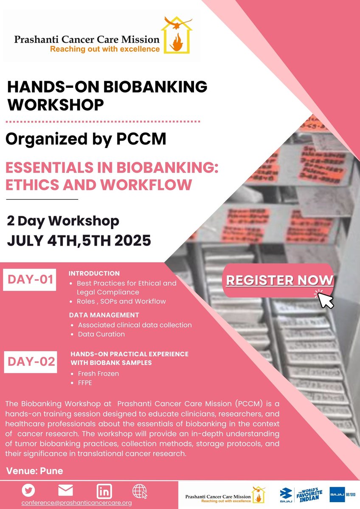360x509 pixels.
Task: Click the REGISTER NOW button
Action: (x=279, y=280)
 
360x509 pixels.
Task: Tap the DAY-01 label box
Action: (x=29, y=280)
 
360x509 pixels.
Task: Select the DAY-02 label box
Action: (x=30, y=362)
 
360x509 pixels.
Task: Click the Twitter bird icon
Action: (x=28, y=490)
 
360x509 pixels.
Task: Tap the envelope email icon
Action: (x=65, y=490)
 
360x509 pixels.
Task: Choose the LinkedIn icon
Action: (x=104, y=491)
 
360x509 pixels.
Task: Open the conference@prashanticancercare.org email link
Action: (x=77, y=503)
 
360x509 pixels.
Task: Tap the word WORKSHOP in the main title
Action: (x=56, y=104)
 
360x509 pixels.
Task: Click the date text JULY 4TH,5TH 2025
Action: (x=79, y=241)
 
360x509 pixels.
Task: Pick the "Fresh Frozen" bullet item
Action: (x=98, y=374)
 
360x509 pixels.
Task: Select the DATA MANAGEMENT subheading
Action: (x=104, y=315)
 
